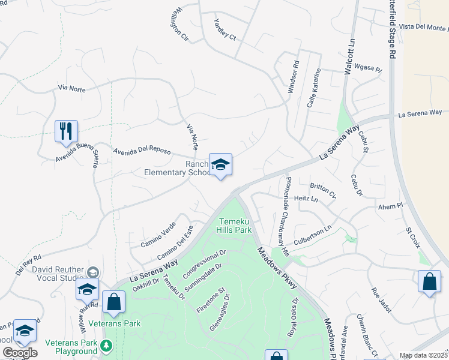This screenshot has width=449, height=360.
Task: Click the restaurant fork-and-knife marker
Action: coord(66,131)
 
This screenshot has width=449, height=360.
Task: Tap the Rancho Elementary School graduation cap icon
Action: coord(220,164)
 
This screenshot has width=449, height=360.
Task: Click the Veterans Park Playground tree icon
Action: coord(106,345)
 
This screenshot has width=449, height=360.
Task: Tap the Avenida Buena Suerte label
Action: coord(77,155)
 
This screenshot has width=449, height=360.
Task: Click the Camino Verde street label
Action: coord(158,236)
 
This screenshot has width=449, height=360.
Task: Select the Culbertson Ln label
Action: coord(312,233)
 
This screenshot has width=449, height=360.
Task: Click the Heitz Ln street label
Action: coord(306,199)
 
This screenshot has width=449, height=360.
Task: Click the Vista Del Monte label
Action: coord(423,28)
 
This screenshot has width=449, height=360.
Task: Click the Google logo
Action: coord(19,353)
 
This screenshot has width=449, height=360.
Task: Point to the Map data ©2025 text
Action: coord(423,355)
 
